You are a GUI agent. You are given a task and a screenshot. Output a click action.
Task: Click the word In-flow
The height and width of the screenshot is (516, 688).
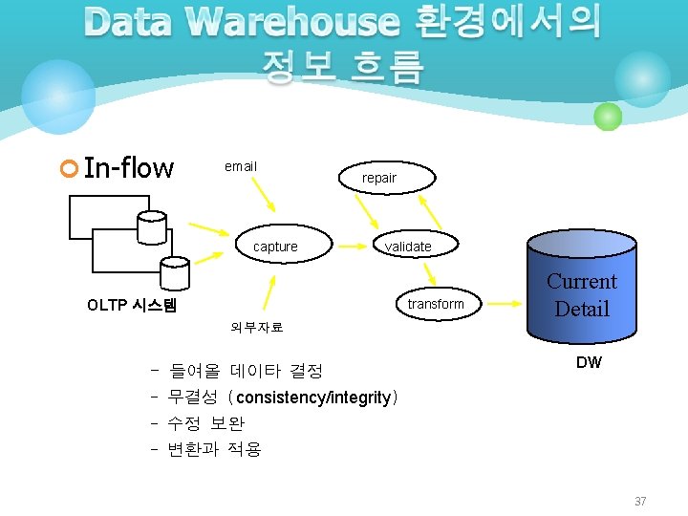tap(128, 168)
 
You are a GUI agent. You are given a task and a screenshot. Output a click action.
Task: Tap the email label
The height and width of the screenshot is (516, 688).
tap(240, 166)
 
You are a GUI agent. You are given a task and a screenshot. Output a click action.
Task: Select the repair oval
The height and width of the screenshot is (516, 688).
tap(379, 178)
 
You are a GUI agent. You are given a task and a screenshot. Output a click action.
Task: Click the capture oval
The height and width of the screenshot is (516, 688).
tap(275, 247)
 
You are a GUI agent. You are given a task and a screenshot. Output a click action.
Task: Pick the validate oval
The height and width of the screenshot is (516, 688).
tap(408, 247)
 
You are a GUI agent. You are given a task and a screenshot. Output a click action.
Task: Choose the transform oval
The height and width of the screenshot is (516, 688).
tap(435, 304)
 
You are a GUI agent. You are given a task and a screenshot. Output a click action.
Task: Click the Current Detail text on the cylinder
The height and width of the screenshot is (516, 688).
tap(581, 294)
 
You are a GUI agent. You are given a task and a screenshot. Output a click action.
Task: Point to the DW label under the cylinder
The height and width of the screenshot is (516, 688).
tap(589, 362)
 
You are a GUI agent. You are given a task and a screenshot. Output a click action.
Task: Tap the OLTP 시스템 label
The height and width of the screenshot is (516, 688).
tap(132, 306)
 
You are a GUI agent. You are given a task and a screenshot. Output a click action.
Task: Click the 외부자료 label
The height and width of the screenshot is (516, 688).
tap(256, 327)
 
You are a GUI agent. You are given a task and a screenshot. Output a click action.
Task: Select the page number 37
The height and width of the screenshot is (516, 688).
tap(640, 501)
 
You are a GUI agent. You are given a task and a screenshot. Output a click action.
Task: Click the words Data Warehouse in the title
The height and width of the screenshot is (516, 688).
tap(241, 22)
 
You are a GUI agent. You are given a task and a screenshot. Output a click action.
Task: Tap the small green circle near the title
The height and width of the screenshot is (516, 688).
tap(607, 118)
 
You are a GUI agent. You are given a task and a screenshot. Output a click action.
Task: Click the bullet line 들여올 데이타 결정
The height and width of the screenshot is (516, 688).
tap(246, 371)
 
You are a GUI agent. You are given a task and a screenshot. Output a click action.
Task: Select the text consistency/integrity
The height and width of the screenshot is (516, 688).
tap(313, 397)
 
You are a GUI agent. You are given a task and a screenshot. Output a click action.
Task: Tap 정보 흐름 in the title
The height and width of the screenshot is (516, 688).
tap(341, 67)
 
